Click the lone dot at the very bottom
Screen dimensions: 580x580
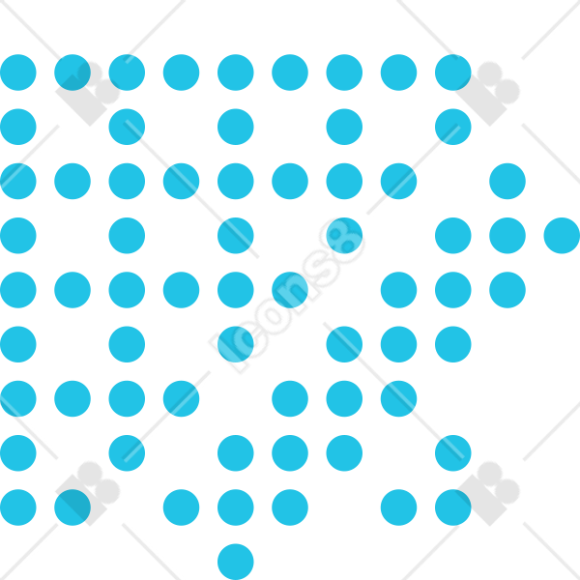click(236, 562)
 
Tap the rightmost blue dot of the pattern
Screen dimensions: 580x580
click(562, 236)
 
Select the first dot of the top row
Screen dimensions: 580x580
click(18, 72)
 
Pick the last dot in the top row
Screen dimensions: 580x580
click(453, 72)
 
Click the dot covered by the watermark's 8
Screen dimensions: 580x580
click(344, 236)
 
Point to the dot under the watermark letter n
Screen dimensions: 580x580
click(290, 290)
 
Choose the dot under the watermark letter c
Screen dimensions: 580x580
click(236, 344)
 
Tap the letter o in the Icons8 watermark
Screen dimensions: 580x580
click(275, 315)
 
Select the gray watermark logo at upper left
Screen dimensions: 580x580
click(88, 94)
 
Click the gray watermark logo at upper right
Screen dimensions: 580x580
click(487, 94)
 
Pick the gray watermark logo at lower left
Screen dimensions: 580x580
click(88, 493)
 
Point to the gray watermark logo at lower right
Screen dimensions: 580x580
click(487, 493)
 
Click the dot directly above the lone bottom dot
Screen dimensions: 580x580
click(236, 507)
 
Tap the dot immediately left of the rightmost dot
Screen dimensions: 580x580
click(507, 236)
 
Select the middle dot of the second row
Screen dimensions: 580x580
click(236, 127)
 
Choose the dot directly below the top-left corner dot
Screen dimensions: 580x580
click(18, 127)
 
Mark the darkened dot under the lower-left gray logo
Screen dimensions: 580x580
click(72, 507)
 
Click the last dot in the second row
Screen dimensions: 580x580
click(453, 127)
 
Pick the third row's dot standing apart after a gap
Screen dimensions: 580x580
click(507, 182)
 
